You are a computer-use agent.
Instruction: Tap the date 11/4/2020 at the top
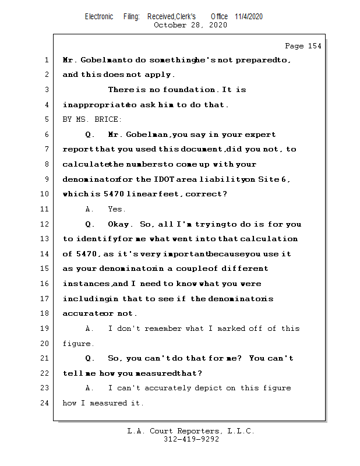[249, 16]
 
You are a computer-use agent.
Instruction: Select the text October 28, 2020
[190, 25]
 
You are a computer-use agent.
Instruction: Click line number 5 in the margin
[47, 119]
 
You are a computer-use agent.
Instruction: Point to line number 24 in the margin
[45, 403]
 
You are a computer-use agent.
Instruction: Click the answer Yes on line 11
[117, 209]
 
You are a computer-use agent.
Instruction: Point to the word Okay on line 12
[119, 224]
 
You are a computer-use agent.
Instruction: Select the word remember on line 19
[163, 329]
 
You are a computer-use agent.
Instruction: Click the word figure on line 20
[77, 344]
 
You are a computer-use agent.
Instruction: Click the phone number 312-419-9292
[191, 440]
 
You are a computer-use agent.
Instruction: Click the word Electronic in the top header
[99, 16]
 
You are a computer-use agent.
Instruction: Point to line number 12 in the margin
[45, 224]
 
